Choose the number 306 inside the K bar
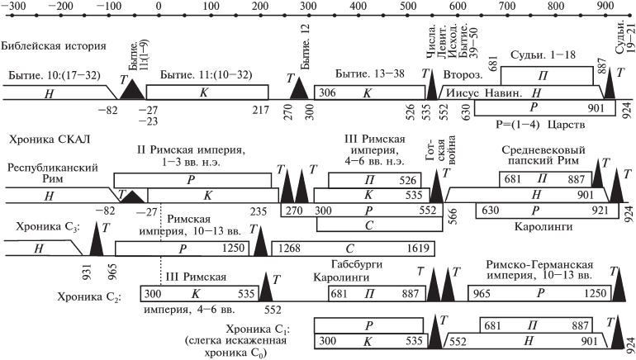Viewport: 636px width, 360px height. (329, 92)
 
